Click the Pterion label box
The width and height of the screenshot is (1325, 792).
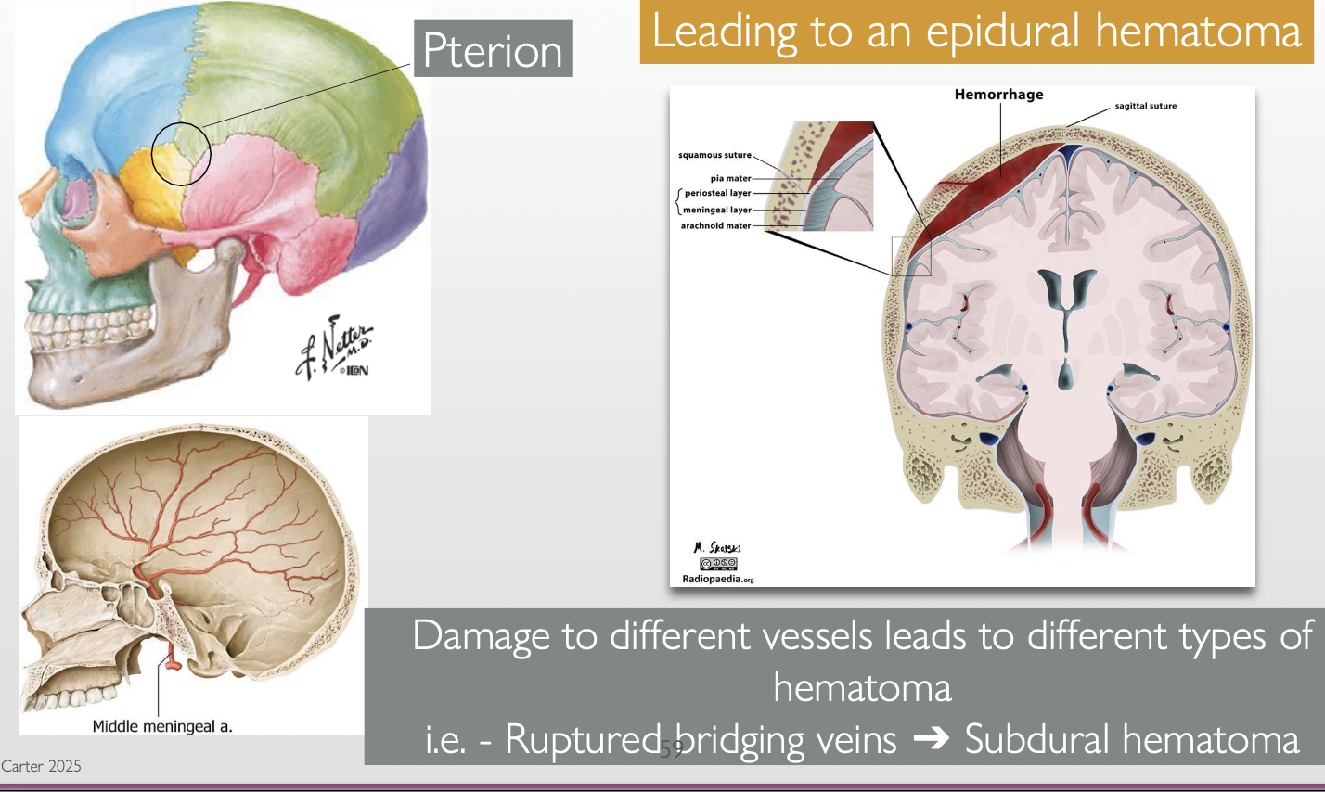tap(493, 49)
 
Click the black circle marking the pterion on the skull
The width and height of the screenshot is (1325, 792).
tap(182, 153)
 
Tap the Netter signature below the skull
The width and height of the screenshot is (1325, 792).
tap(334, 352)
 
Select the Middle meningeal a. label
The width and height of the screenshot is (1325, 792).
tap(162, 726)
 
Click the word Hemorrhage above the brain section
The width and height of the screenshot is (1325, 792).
tap(998, 95)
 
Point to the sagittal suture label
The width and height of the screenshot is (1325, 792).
tap(1145, 106)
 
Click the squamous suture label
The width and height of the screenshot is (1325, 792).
tap(714, 155)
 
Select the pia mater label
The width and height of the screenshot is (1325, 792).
tap(730, 178)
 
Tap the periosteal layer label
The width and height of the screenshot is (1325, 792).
tap(717, 193)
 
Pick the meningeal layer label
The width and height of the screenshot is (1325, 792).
tap(717, 210)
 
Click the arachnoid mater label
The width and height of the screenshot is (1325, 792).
tap(715, 225)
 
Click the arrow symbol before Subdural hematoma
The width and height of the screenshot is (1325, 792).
tap(931, 740)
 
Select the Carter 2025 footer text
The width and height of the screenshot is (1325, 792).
tap(41, 766)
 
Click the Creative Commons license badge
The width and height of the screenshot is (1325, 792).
tap(718, 564)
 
